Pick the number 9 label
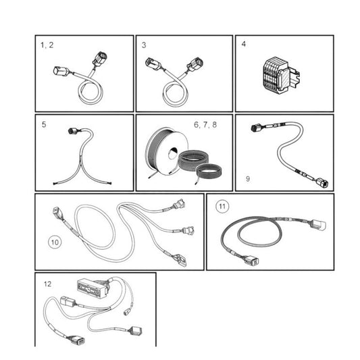[247, 179]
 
